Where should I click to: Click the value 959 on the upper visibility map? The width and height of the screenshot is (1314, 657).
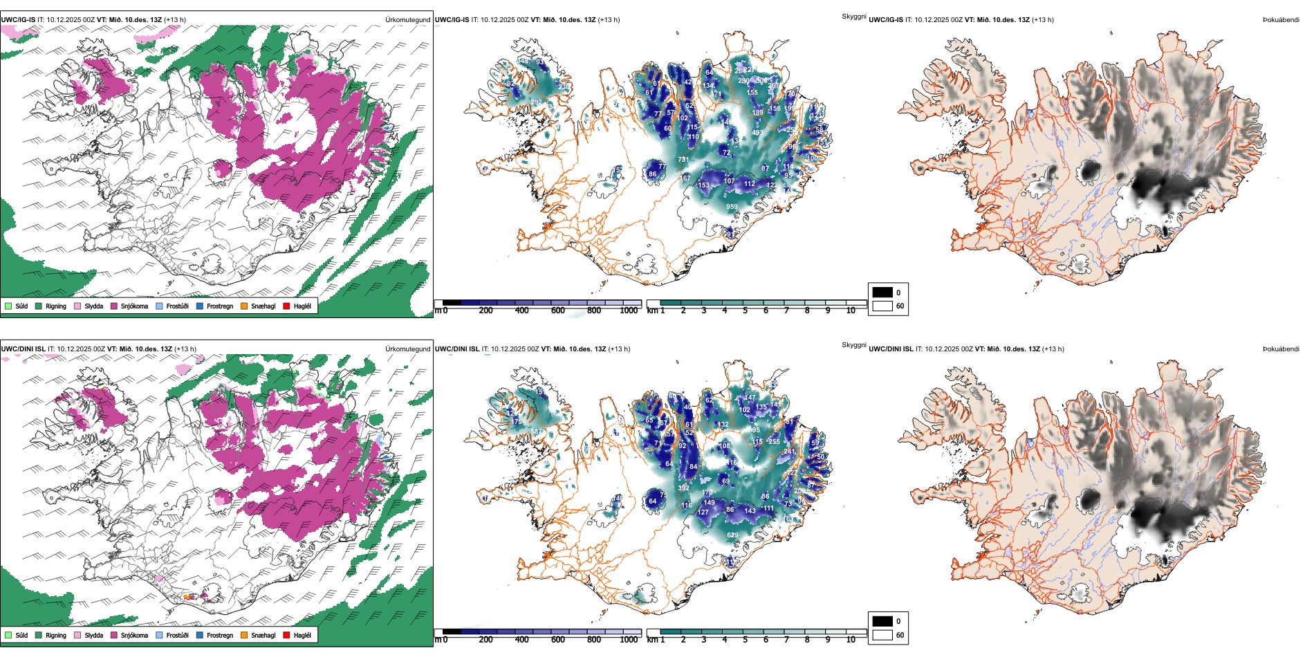[x=732, y=207]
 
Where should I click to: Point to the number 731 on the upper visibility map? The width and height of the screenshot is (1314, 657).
[x=683, y=160]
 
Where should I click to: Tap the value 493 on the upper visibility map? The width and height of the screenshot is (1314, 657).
[x=757, y=133]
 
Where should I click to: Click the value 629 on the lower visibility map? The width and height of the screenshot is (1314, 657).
[x=732, y=535]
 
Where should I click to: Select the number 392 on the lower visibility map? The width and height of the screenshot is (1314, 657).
[x=683, y=488]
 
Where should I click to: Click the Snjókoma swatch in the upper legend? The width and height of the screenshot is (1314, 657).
[x=114, y=306]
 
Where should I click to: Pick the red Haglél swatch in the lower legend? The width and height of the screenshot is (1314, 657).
[x=287, y=635]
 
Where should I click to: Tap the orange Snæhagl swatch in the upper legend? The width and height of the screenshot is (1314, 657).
[x=244, y=306]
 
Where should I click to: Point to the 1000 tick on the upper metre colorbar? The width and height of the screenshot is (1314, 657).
[x=629, y=311]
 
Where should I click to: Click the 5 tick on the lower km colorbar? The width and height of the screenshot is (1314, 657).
[x=746, y=640]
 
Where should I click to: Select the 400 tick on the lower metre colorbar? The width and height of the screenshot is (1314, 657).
[x=522, y=640]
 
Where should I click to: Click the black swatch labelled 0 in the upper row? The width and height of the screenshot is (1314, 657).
[x=882, y=293]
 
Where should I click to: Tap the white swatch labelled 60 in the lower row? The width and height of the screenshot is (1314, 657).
[x=882, y=635]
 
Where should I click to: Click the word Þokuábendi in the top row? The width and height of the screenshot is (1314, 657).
[x=1281, y=20]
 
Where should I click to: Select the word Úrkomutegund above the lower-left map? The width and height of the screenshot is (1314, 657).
[x=407, y=349]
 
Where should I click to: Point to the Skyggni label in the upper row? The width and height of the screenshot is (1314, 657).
[x=854, y=17]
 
